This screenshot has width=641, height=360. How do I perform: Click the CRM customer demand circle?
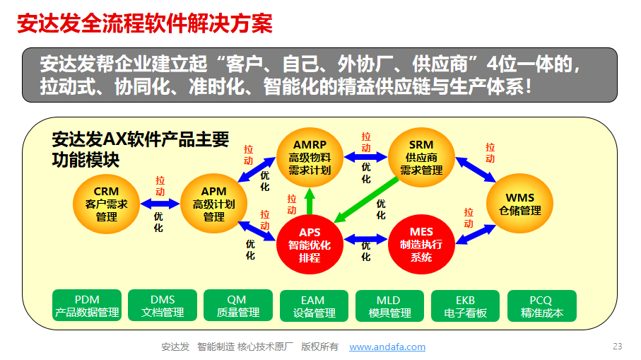tap(106, 204)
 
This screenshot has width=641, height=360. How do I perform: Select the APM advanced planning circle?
tap(214, 204)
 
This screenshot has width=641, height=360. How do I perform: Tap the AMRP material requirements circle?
tap(310, 158)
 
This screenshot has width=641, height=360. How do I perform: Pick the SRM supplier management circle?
tap(421, 158)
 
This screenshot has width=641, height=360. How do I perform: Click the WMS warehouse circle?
tap(519, 204)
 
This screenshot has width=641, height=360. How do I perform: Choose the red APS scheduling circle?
tap(310, 245)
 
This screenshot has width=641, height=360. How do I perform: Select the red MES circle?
tap(421, 244)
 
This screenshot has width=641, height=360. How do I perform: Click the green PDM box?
tap(87, 306)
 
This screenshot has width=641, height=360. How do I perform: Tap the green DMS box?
tap(163, 306)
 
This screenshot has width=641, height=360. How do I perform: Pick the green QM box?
tap(238, 306)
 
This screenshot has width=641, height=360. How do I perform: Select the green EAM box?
tap(314, 306)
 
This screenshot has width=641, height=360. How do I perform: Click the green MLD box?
tap(389, 306)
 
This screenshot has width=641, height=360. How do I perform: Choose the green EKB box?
tap(466, 306)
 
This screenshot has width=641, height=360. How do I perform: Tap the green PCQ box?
tap(541, 306)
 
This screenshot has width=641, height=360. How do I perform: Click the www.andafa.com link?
tap(387, 347)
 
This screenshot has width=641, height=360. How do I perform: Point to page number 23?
tap(617, 347)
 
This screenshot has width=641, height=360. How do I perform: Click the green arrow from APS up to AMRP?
tap(310, 202)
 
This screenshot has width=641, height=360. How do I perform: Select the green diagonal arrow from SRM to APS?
tap(366, 199)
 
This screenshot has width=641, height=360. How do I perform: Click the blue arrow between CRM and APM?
tap(160, 203)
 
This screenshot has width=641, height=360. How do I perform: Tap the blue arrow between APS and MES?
tap(365, 239)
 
